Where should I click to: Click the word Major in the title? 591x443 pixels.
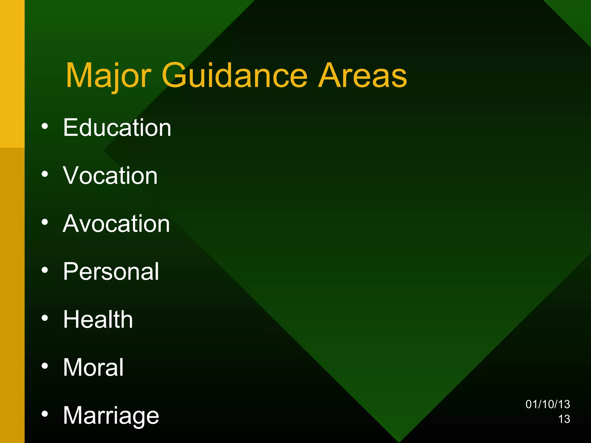pos(108,76)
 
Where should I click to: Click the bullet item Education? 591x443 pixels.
pos(117,127)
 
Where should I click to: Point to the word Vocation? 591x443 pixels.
pos(110,176)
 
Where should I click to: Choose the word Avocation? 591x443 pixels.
pos(116,224)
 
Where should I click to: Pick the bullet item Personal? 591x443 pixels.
pos(111,271)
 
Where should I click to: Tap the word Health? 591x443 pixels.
pos(98,319)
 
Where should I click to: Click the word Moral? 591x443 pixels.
pos(93,367)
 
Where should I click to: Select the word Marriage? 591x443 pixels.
pos(111,416)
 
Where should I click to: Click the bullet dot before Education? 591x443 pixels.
pos(45,126)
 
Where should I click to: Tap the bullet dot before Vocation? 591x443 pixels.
pos(45,174)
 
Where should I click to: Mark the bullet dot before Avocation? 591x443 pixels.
pos(45,222)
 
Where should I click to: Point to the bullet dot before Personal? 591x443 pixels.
pos(45,270)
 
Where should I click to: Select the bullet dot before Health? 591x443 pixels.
pos(45,318)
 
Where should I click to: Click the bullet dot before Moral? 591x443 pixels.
pos(45,366)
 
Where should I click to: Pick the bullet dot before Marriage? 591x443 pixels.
pos(45,414)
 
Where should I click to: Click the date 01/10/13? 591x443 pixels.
pos(547,404)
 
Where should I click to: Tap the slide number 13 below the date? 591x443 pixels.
pos(564,419)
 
